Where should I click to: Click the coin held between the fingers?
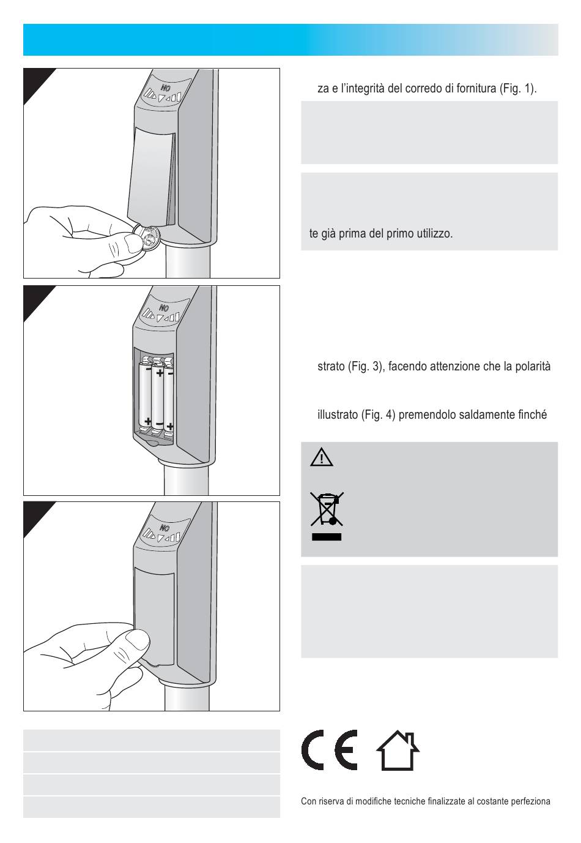point(147,236)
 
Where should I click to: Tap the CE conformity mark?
point(330,750)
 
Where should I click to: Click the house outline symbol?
point(398,750)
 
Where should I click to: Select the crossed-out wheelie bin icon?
point(327,509)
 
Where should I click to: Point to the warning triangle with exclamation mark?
point(321,457)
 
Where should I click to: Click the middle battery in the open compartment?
point(158,399)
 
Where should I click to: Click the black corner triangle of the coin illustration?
point(35,81)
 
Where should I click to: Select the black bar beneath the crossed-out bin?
point(327,537)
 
